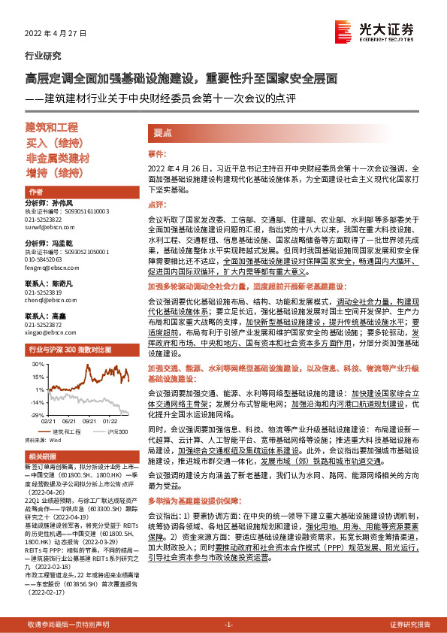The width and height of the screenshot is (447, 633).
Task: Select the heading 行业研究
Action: coord(43,56)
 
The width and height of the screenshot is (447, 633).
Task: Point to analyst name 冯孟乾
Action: coord(69,244)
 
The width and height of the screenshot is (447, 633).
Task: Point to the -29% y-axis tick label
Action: coord(35,414)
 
